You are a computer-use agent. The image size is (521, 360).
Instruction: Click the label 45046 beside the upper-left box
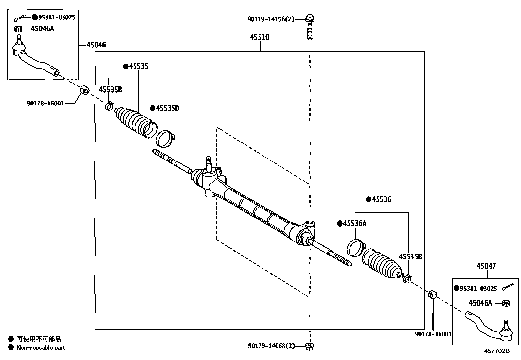tap(96, 45)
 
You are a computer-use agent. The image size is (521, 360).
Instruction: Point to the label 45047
tap(486, 266)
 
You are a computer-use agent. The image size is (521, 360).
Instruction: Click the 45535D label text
tap(167, 108)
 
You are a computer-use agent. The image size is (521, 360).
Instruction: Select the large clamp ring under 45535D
tap(165, 138)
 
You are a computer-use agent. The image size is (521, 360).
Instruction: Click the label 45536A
tap(354, 224)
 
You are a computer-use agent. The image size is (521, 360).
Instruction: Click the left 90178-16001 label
tap(45, 104)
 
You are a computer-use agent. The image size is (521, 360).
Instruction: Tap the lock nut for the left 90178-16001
tap(85, 89)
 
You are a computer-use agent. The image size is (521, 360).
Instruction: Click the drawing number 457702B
tap(497, 351)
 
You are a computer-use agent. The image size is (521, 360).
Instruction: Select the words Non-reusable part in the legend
tap(41, 348)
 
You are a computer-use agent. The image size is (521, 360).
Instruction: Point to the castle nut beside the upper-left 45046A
tap(19, 29)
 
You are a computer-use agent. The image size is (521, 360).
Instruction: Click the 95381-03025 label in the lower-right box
tap(478, 289)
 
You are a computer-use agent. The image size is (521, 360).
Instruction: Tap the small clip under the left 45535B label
tap(109, 106)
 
